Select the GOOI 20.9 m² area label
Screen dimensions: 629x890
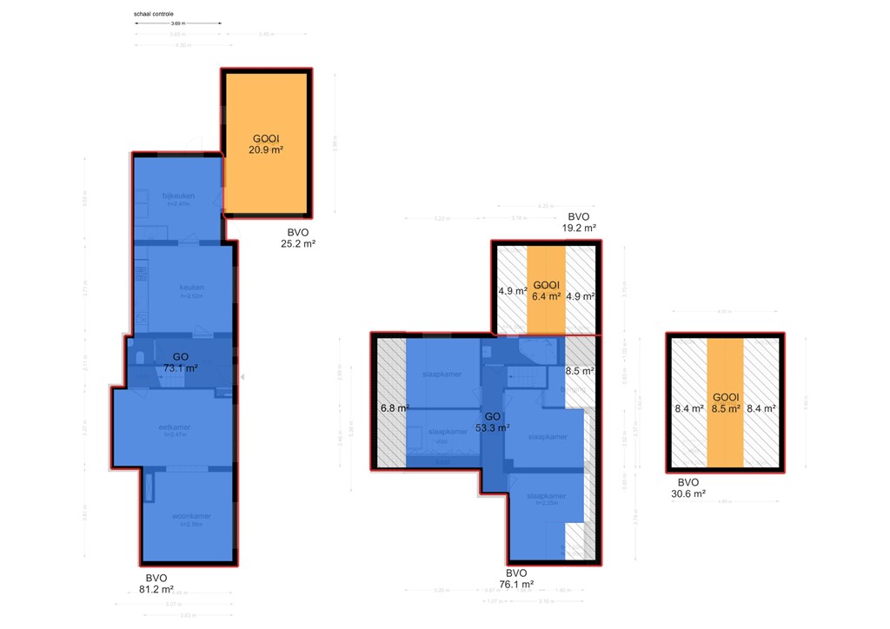(x=268, y=144)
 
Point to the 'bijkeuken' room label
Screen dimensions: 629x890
(x=178, y=195)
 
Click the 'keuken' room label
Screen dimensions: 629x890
(x=191, y=288)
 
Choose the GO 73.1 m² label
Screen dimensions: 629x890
(x=181, y=362)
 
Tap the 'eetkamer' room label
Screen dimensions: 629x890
(x=175, y=427)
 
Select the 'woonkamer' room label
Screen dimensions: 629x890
(x=189, y=516)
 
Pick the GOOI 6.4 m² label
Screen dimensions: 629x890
(x=545, y=290)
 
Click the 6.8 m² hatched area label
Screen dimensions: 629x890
(x=394, y=407)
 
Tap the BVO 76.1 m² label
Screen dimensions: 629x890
(x=516, y=579)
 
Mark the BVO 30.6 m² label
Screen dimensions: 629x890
(x=688, y=488)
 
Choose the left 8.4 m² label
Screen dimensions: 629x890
(x=689, y=407)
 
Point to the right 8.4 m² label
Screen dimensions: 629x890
(x=761, y=407)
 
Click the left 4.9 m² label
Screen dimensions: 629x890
(x=509, y=291)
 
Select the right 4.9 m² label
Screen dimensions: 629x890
(x=580, y=296)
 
